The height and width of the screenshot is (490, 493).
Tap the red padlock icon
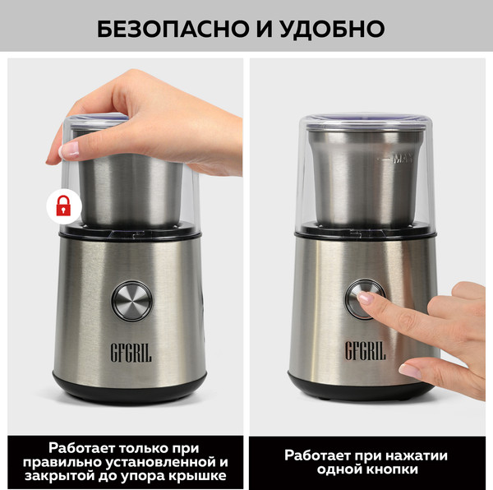62,205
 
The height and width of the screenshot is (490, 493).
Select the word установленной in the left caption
173,461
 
